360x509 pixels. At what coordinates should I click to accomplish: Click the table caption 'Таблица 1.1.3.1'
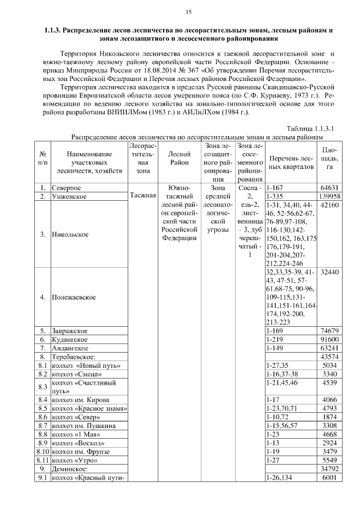click(x=310, y=128)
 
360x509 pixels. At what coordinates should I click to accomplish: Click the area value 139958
click(x=330, y=196)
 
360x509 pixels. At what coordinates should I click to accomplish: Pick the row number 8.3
click(x=42, y=387)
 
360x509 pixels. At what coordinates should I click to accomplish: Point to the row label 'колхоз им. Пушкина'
click(x=83, y=426)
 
